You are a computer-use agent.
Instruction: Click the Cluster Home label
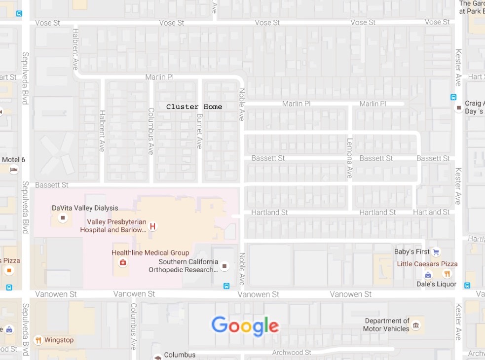tap(194, 107)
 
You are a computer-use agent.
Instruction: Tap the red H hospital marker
tap(153, 226)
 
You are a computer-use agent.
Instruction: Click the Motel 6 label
tap(13, 160)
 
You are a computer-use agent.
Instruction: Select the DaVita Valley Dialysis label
tap(85, 208)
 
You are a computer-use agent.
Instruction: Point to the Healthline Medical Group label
tap(150, 253)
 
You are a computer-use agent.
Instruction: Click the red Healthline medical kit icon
tap(122, 262)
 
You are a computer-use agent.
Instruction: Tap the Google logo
tap(245, 326)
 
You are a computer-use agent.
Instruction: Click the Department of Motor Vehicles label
tap(387, 324)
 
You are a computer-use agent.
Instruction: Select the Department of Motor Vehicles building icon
tap(416, 325)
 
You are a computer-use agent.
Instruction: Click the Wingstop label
tap(59, 340)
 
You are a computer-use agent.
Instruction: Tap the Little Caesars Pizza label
tap(427, 264)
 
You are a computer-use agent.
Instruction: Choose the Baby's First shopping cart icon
tap(436, 252)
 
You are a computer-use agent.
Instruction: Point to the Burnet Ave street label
tap(199, 131)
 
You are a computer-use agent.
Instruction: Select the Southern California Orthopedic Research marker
tap(225, 266)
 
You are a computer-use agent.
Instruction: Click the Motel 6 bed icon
tap(14, 170)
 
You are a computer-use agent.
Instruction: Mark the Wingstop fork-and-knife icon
tap(38, 340)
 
